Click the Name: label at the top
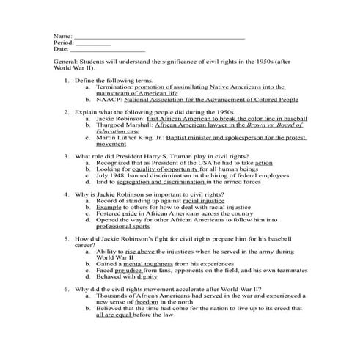click(x=63, y=35)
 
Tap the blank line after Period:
click(x=93, y=43)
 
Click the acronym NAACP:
click(x=108, y=99)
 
